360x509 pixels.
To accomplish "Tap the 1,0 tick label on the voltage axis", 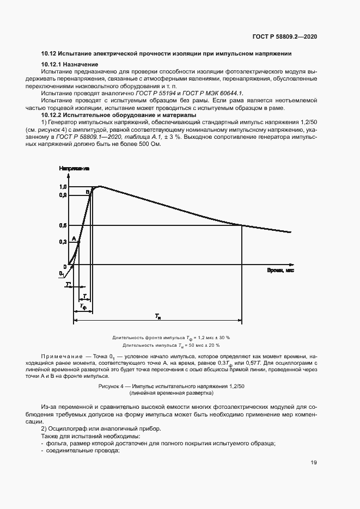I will click(63, 187).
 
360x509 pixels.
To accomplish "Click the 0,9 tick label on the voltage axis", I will click(63, 195).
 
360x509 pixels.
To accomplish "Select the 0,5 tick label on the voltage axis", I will click(63, 225).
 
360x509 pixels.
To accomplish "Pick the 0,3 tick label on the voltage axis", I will click(63, 242).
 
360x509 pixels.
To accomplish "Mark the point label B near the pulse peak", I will click(88, 192).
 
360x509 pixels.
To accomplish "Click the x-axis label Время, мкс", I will click(280, 271).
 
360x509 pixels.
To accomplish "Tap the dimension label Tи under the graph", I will click(157, 316).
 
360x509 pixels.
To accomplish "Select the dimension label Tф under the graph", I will click(83, 307).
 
